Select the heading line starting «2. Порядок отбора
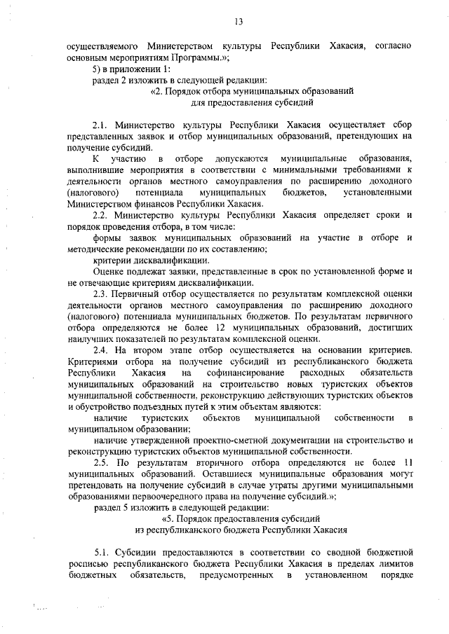(251, 91)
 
